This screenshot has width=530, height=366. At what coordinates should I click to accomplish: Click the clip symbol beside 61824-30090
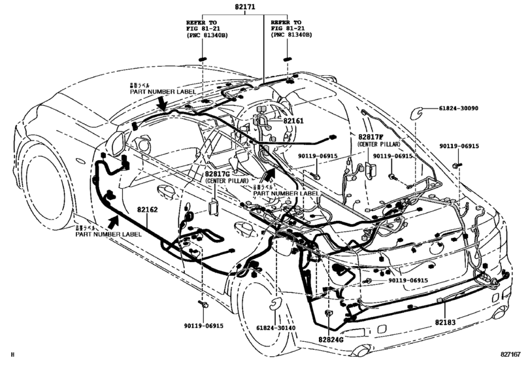coord(414,113)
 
